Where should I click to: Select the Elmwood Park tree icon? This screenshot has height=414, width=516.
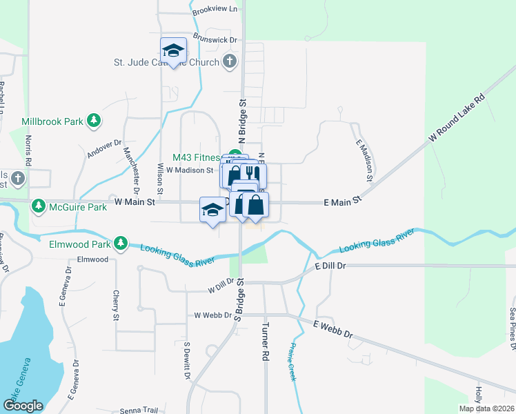tap(121, 244)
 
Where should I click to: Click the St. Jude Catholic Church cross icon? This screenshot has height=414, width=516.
tap(230, 62)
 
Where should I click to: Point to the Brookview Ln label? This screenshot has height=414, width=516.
tap(215, 9)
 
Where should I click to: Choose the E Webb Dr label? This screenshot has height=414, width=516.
tap(333, 329)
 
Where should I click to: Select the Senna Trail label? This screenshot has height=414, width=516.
tap(159, 410)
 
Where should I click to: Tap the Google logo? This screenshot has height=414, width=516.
tap(23, 406)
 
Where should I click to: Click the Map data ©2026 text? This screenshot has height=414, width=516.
tap(486, 408)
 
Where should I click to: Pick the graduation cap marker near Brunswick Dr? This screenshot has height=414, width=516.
tap(174, 51)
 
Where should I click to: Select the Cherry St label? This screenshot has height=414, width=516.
tap(117, 305)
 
